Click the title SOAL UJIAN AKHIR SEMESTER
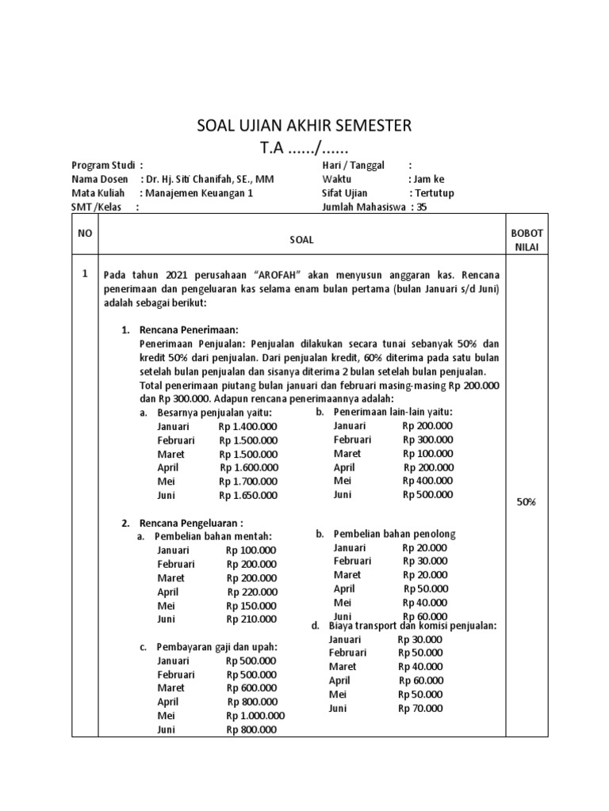(x=304, y=126)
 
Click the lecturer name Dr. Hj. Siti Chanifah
(x=207, y=179)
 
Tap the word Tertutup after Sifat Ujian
(x=433, y=192)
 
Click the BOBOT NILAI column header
(x=526, y=239)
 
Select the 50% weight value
(x=526, y=502)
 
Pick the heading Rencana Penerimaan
(x=190, y=329)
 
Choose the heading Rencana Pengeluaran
(x=191, y=523)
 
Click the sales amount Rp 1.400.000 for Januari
(x=248, y=427)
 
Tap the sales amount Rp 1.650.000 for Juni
(x=248, y=496)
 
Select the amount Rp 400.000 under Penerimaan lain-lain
(x=427, y=481)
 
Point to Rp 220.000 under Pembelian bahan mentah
(x=252, y=592)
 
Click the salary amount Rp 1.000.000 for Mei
(x=255, y=715)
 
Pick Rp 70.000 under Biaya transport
(x=420, y=708)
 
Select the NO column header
(x=85, y=234)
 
